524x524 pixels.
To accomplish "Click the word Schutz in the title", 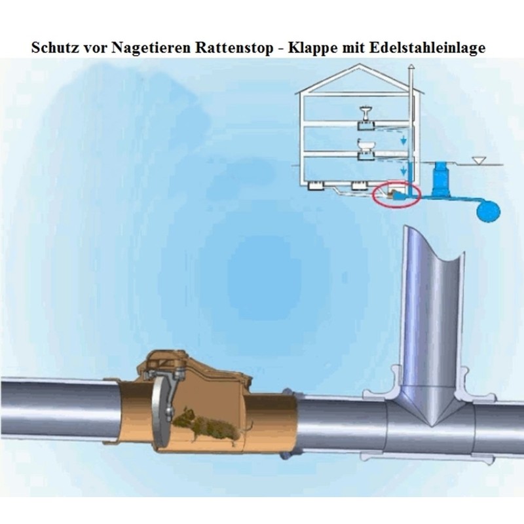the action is click(54, 47).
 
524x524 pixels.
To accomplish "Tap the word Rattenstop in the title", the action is click(234, 48).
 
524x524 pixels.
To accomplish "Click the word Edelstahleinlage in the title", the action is click(428, 48).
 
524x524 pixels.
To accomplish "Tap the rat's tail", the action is click(249, 426).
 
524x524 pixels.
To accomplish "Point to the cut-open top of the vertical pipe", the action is click(434, 244).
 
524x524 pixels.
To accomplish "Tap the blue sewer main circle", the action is click(488, 210).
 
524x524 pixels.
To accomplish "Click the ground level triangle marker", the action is click(479, 160).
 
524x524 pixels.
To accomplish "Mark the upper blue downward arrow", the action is click(404, 140).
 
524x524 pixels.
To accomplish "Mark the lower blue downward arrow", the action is click(404, 170).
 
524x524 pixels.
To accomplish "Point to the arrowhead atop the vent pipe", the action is click(411, 66).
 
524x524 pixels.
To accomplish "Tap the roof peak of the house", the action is click(360, 65).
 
